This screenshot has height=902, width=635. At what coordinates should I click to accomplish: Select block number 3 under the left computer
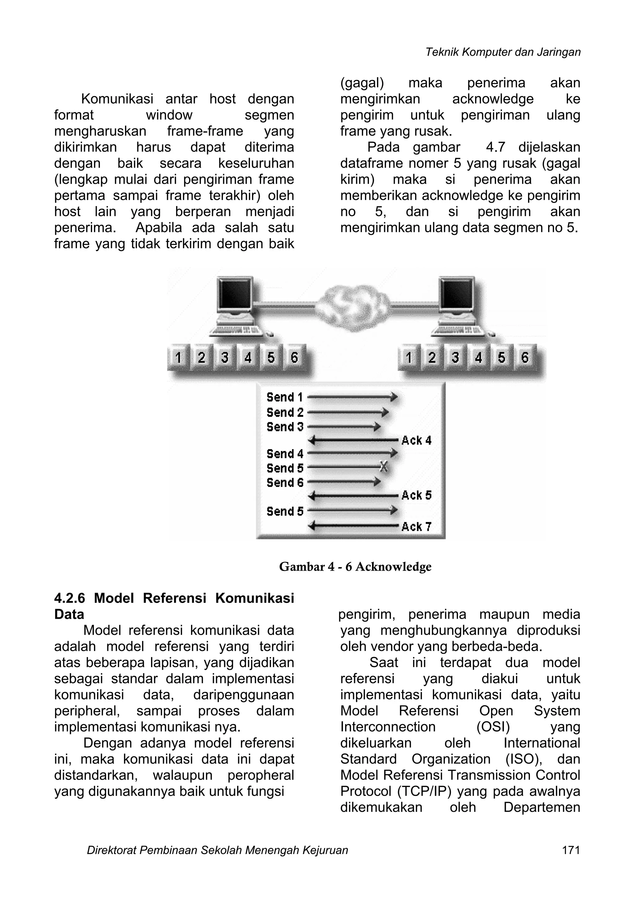point(225,357)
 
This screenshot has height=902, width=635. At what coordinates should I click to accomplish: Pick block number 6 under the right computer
point(525,357)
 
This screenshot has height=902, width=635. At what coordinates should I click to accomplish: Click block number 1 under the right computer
point(409,357)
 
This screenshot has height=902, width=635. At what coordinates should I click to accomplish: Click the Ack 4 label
point(416,440)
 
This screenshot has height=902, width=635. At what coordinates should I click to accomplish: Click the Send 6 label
point(285,482)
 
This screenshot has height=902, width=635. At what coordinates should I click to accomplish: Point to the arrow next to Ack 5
point(354,496)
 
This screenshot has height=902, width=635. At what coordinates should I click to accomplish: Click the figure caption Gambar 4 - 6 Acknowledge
point(355,567)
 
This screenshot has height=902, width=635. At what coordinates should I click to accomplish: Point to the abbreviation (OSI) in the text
point(493,727)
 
